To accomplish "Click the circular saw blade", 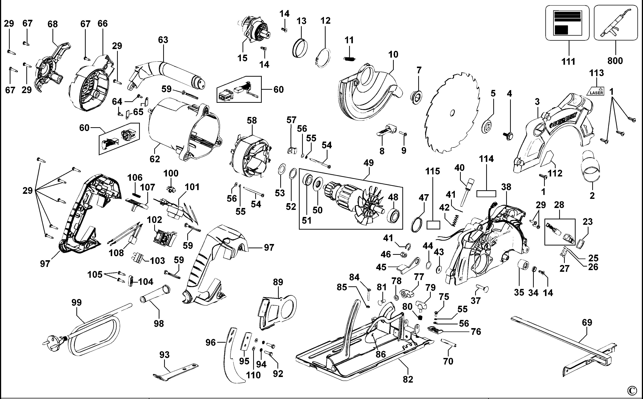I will click(x=452, y=113).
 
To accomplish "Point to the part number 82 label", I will click(x=408, y=379).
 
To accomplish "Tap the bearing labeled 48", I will click(x=393, y=216).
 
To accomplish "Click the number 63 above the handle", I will click(x=163, y=40).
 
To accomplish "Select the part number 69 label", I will click(x=587, y=323).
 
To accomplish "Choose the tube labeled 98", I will click(x=155, y=293).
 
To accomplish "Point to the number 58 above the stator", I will click(x=252, y=121).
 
